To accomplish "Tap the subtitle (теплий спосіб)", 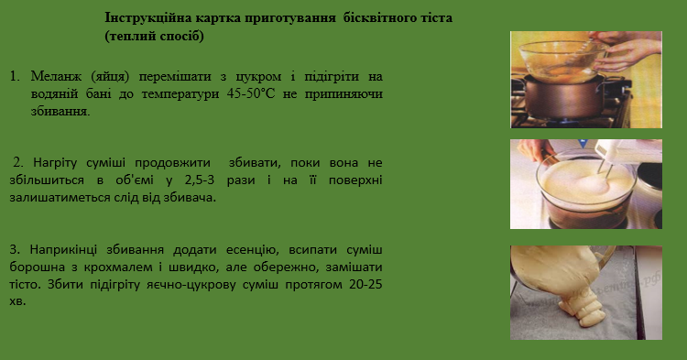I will coord(154,36).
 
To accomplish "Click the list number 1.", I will coord(14,75).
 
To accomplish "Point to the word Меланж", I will coord(51,75).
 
